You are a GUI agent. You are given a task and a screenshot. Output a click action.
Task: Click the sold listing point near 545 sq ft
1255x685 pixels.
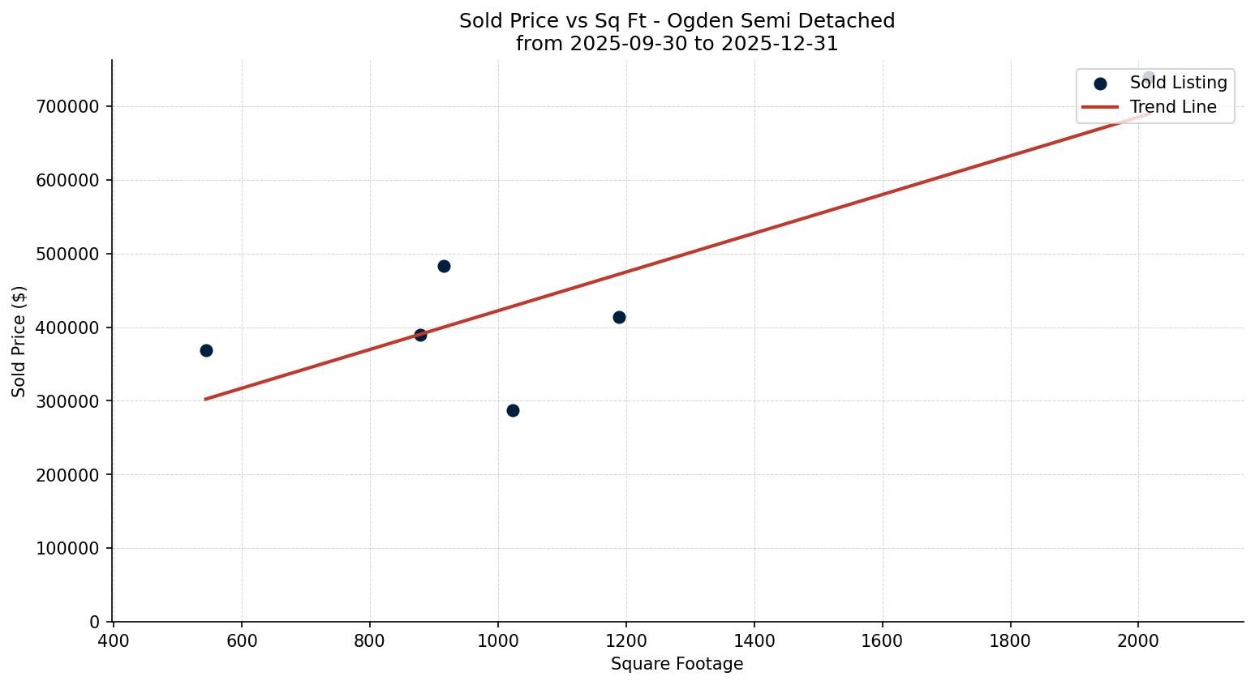(x=206, y=350)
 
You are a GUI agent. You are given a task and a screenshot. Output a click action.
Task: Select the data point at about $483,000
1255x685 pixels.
(x=444, y=266)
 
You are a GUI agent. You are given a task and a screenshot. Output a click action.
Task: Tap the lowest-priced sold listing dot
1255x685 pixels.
(x=513, y=410)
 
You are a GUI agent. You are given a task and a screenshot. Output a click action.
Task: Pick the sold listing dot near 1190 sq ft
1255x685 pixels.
(x=619, y=317)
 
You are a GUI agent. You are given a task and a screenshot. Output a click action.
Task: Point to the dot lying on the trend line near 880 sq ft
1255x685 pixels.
(x=420, y=335)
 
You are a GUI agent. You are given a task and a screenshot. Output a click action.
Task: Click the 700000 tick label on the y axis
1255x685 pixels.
(x=67, y=107)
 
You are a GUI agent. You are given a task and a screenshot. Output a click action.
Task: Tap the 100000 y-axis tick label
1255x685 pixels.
(x=67, y=549)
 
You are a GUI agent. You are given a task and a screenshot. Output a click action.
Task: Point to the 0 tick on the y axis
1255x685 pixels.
(x=95, y=623)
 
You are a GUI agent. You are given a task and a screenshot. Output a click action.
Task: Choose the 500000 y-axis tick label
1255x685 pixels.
(x=67, y=255)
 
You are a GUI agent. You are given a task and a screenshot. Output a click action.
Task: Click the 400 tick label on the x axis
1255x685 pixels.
(x=114, y=641)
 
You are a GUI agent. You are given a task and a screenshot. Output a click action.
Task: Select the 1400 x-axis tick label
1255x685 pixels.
(x=754, y=641)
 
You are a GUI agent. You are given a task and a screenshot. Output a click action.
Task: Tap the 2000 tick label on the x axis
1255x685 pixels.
(x=1138, y=641)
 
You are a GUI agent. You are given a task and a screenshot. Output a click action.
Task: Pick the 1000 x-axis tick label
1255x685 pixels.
(x=497, y=641)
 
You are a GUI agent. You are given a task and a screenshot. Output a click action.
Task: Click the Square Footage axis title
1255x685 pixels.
(x=677, y=665)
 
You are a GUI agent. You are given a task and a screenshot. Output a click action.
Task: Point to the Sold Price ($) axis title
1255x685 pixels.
(x=19, y=341)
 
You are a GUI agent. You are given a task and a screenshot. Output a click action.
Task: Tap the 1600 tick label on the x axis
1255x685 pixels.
(x=882, y=641)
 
